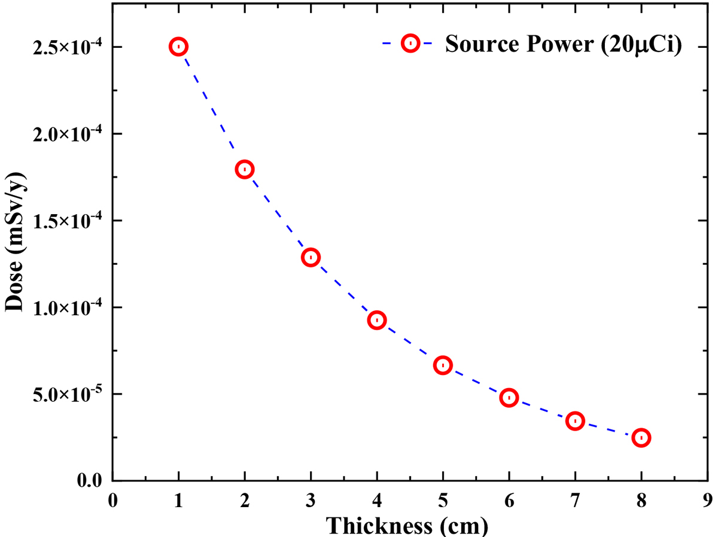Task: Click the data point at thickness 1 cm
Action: (178, 47)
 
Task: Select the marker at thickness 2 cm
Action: (244, 169)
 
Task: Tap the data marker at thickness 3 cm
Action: (311, 258)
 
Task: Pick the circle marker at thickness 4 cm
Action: (376, 320)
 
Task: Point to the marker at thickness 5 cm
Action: (443, 365)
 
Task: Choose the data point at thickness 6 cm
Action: (509, 398)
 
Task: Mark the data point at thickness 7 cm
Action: (575, 421)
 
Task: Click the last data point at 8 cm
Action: (641, 438)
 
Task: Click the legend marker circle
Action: (410, 44)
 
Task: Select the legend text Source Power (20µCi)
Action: (563, 45)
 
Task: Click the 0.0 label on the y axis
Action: (89, 481)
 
